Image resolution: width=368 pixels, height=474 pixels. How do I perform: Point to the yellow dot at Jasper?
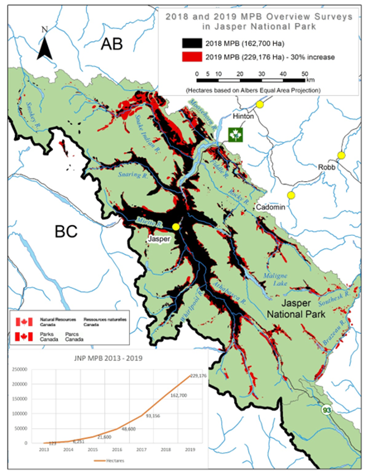(176, 227)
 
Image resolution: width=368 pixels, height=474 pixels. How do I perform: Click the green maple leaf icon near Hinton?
(235, 134)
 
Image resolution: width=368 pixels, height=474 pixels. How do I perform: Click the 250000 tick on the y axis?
(20, 369)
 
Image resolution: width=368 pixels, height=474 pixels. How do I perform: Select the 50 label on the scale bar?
(304, 74)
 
